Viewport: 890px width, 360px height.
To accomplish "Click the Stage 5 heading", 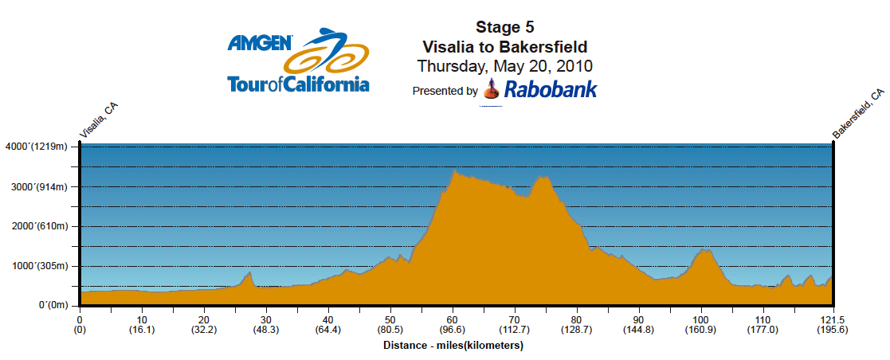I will [x=504, y=28].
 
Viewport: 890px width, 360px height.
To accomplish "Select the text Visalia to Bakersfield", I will [x=504, y=46].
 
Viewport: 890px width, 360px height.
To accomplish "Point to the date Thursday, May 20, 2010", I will [x=504, y=65].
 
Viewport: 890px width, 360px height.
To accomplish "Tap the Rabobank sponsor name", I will [x=551, y=89].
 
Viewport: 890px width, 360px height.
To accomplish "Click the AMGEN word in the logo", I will [x=260, y=43].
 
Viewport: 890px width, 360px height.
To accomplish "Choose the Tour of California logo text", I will [x=298, y=84].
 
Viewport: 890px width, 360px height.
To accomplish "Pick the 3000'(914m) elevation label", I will [x=41, y=187].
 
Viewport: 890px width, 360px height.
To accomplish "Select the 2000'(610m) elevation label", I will [x=41, y=227].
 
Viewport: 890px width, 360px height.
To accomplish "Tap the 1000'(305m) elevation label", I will [x=41, y=267].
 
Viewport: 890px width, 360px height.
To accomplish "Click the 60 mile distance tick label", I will [x=453, y=320].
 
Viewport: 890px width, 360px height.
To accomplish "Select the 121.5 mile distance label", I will [x=833, y=320].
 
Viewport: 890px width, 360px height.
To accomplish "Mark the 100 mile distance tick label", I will [x=701, y=320].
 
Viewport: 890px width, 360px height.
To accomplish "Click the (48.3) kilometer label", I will [x=266, y=331].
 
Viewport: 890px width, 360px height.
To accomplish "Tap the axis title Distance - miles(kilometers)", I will [x=453, y=346].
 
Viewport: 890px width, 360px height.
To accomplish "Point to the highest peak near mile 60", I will [x=454, y=170].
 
